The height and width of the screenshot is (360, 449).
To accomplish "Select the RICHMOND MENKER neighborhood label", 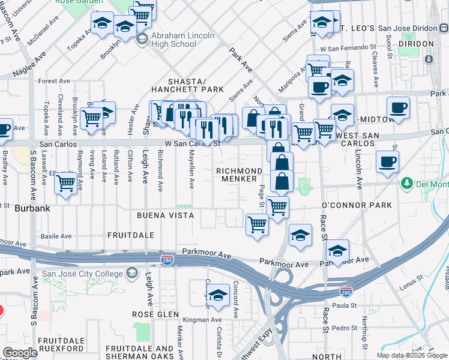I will pyautogui.click(x=240, y=175).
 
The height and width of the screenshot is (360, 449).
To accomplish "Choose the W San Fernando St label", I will pyautogui.click(x=348, y=47).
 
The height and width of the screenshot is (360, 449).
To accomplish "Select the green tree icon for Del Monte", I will pyautogui.click(x=406, y=182).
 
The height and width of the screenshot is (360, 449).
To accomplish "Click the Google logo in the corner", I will pyautogui.click(x=20, y=353).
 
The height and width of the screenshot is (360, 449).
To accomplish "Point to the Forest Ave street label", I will pyautogui.click(x=55, y=81).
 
